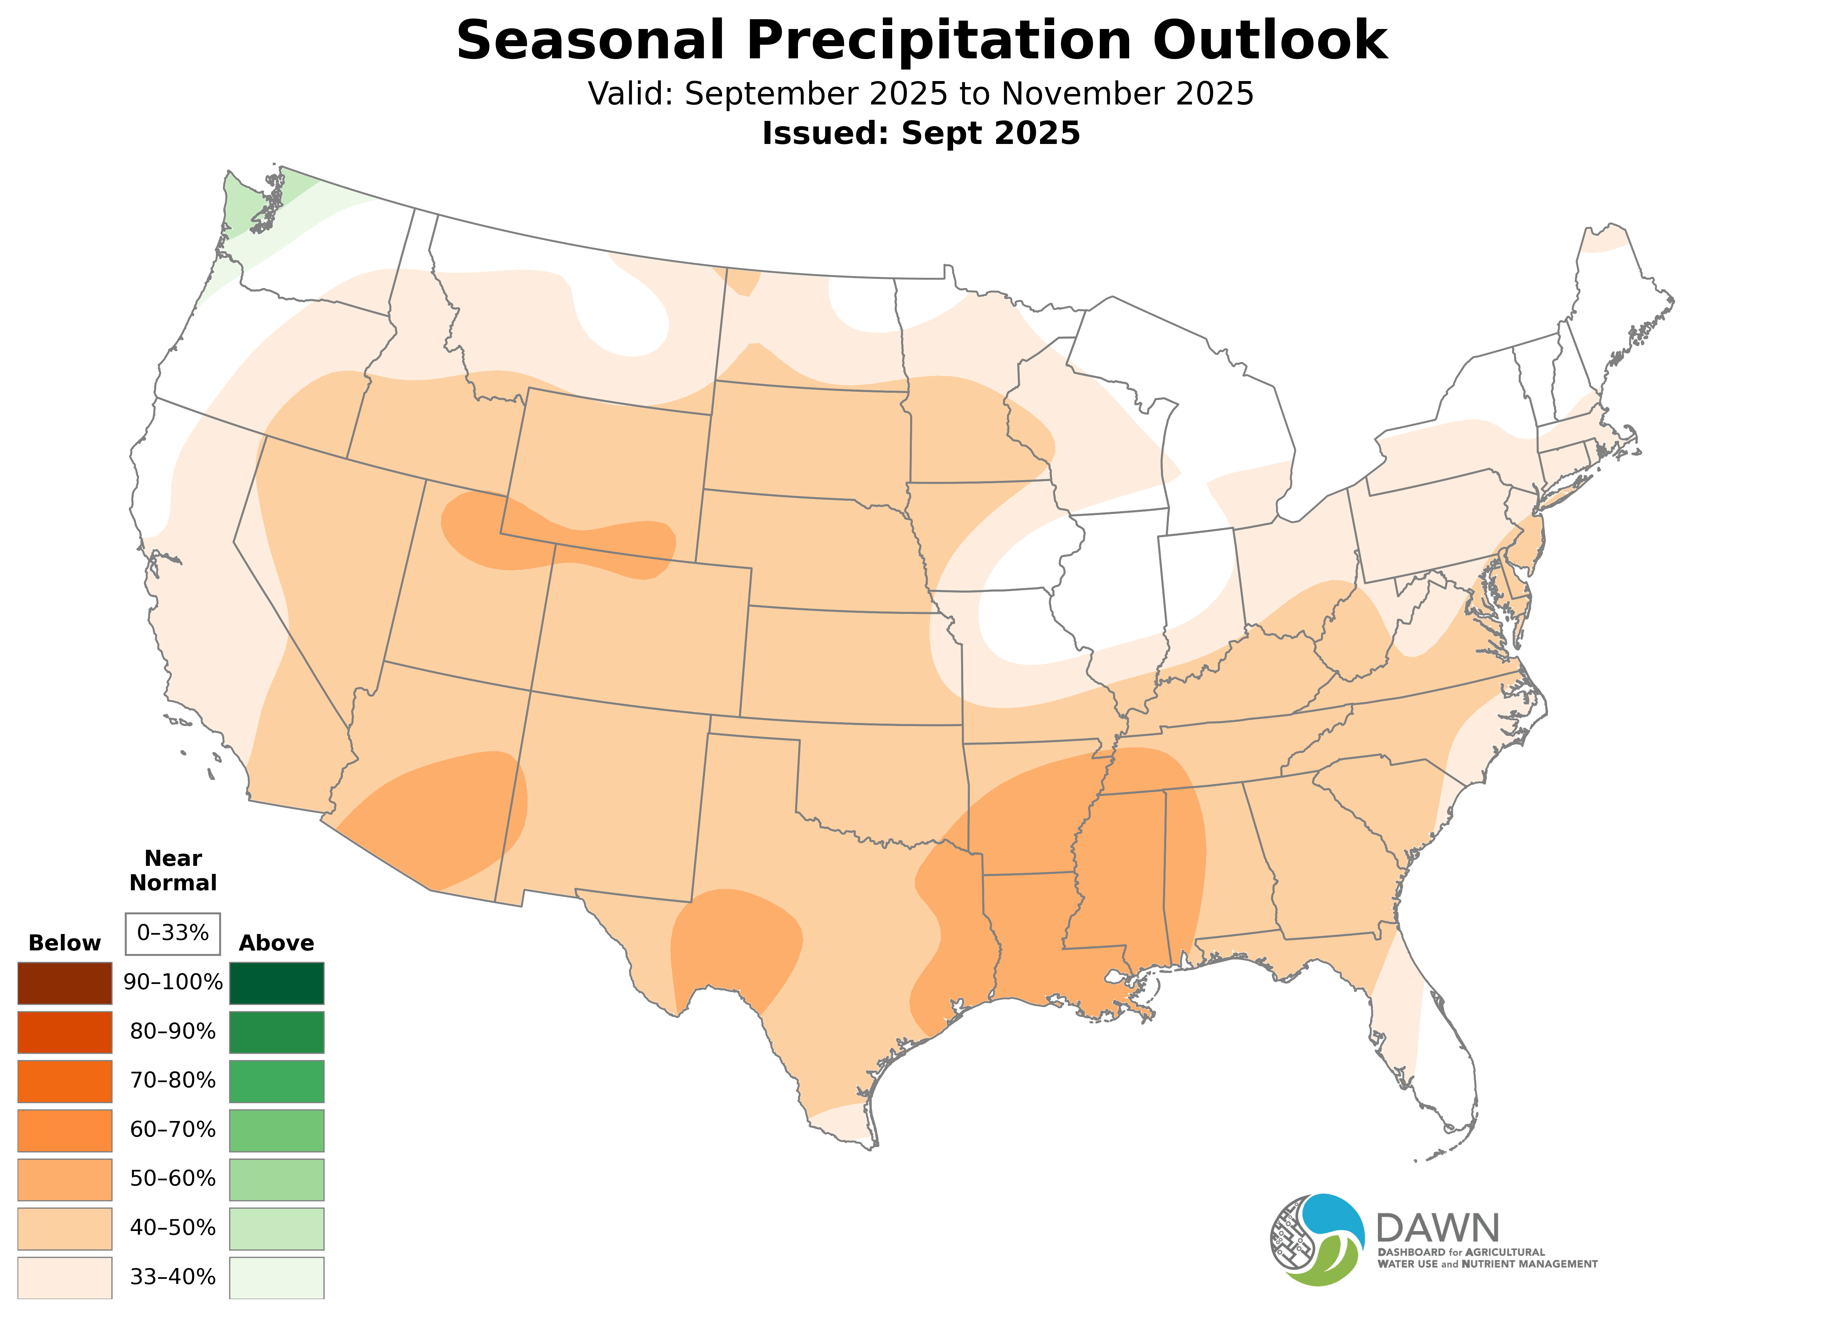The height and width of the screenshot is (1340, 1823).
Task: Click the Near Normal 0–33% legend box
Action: pos(173,934)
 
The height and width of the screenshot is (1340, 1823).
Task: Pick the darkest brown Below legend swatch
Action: pos(65,983)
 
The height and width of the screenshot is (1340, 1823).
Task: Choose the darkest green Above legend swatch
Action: pos(277,983)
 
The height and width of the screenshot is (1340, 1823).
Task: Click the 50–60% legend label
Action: pos(173,1179)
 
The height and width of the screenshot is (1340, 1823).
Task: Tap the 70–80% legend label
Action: pos(173,1080)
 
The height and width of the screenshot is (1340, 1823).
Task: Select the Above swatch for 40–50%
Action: pos(277,1228)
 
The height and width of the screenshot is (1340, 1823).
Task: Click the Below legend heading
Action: pos(65,943)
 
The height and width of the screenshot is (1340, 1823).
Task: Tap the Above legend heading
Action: pos(277,943)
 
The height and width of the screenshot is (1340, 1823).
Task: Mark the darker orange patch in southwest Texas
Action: pos(734,941)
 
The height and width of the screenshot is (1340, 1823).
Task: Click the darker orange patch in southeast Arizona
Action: pos(446,819)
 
